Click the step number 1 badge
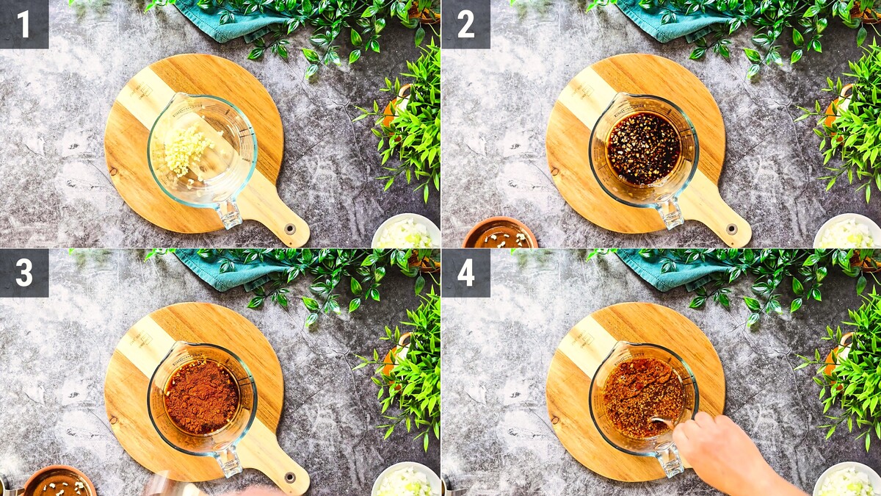[x=24, y=24]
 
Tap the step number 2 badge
[x=465, y=24]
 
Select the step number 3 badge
[x=24, y=273]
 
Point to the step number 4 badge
[x=465, y=273]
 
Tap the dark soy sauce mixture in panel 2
[x=643, y=148]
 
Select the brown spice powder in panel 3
[x=201, y=396]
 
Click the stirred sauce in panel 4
[x=643, y=398]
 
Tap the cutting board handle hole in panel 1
[x=290, y=229]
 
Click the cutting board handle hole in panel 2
[x=731, y=229]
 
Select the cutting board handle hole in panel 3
[x=290, y=477]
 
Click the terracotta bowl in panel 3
[x=59, y=481]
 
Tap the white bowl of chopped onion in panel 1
[x=406, y=231]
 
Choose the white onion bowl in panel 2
[x=847, y=231]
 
